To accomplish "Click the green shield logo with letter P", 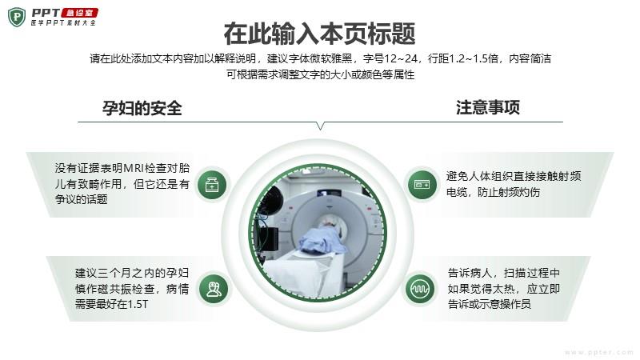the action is click(x=17, y=17).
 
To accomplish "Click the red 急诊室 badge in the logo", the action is click(x=79, y=13).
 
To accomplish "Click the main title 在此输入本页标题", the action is click(x=319, y=34).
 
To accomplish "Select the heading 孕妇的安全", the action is click(x=142, y=108).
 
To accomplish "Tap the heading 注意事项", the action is click(x=488, y=107).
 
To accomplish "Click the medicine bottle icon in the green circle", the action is click(x=212, y=185).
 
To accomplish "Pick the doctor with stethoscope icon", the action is click(x=214, y=289).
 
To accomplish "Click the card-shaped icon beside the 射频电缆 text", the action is click(x=422, y=185).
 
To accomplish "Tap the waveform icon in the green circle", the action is click(x=420, y=289).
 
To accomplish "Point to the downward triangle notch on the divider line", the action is click(x=321, y=126).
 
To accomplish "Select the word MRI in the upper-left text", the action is click(x=134, y=168).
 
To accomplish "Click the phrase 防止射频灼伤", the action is click(x=509, y=192).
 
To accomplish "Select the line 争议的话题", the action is click(x=82, y=199).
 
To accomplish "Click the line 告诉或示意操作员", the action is click(x=489, y=304).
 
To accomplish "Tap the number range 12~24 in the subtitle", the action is click(x=401, y=58).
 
